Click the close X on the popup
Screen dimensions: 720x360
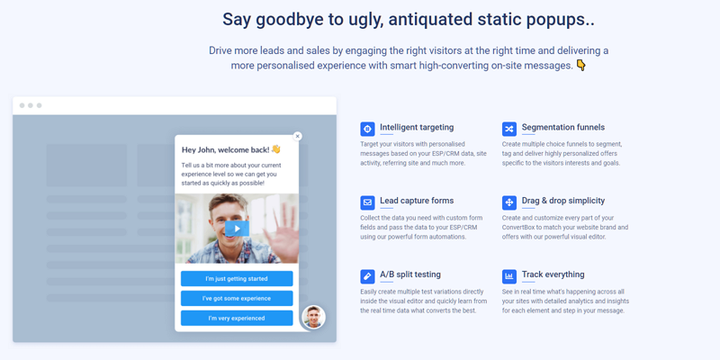(298, 137)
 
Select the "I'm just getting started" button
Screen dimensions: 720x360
(237, 279)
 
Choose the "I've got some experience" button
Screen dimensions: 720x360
(237, 299)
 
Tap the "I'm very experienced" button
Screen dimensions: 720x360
(237, 319)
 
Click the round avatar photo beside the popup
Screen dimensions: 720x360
(313, 317)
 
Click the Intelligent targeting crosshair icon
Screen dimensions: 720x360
(367, 129)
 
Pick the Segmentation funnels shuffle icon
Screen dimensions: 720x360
(509, 129)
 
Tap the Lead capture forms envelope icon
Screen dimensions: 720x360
(367, 202)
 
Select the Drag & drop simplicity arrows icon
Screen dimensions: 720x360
(509, 202)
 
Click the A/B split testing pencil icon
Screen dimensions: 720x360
(367, 276)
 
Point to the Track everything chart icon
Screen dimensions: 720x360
(509, 276)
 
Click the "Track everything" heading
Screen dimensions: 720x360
(553, 274)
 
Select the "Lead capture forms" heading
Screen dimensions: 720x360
(417, 201)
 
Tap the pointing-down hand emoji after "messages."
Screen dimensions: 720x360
(580, 66)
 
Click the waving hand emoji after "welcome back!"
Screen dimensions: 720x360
(275, 149)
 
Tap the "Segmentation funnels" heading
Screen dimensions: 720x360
(563, 127)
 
